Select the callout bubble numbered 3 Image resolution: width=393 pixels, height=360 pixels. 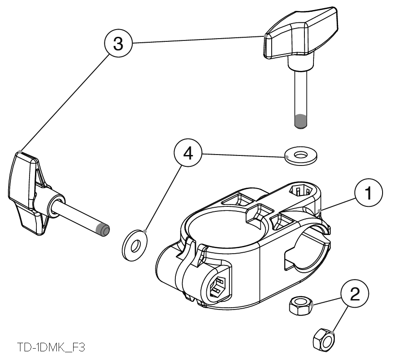point(117,44)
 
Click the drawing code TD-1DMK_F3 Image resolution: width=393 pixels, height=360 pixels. point(51,348)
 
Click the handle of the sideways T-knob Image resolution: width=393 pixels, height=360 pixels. point(25,191)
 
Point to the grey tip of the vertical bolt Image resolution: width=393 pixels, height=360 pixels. point(300,122)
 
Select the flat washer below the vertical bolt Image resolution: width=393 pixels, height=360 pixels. point(300,155)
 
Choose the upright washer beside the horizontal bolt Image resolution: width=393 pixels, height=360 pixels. point(134,246)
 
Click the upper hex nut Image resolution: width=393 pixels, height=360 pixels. point(301,305)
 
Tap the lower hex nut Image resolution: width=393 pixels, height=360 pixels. point(324,339)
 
